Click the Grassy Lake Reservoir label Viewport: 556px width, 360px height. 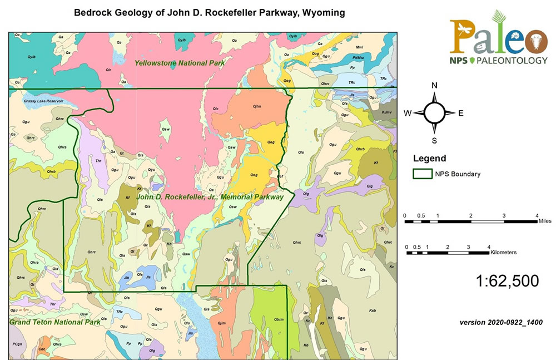(x=43, y=101)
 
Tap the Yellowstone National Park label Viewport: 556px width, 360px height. (x=180, y=63)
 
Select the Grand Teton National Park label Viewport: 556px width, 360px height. (x=54, y=322)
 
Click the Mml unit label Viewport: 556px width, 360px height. (x=359, y=47)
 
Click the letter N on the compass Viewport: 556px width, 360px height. (x=435, y=85)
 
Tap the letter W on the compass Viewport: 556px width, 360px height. (x=408, y=114)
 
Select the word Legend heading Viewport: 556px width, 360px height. (x=429, y=158)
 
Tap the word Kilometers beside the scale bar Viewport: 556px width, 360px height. (x=504, y=252)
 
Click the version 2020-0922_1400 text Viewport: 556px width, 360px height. (x=501, y=322)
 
